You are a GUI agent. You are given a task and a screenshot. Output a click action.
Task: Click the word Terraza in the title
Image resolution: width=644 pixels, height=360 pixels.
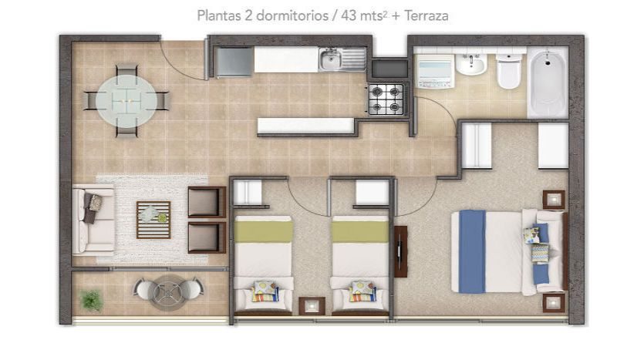pos(427,15)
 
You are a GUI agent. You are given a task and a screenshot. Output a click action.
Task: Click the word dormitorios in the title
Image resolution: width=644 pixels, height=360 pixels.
pos(292,15)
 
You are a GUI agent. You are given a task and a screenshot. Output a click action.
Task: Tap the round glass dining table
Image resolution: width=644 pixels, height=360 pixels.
pos(126,101)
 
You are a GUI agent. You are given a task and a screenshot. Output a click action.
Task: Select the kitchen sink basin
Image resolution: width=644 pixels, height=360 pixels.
pos(331,60)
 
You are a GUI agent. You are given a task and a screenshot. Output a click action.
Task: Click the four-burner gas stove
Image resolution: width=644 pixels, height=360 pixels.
pos(386,99)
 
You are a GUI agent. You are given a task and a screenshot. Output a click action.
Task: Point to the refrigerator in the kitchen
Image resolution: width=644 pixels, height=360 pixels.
pos(234,62)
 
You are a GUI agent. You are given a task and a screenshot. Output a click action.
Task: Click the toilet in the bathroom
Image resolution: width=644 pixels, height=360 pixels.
pos(509,71)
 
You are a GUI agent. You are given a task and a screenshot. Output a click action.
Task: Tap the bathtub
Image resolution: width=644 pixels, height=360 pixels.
pos(548,82)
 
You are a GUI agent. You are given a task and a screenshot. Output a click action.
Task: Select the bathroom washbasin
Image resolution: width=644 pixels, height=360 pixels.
pos(471,65)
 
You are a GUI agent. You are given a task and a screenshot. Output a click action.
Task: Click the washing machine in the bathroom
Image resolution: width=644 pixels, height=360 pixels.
pos(435,71)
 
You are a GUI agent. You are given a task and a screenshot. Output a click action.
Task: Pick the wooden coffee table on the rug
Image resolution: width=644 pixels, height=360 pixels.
pos(153,220)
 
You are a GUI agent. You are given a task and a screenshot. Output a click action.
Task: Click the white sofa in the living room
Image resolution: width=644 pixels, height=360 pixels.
pos(93,220)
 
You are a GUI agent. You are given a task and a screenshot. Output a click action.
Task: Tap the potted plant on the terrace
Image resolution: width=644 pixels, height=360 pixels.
pos(91,300)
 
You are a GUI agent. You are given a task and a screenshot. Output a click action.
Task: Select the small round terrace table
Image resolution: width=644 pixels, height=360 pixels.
pos(167,292)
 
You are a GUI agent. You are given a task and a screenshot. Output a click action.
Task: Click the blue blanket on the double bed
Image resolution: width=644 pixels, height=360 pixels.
pos(472,251)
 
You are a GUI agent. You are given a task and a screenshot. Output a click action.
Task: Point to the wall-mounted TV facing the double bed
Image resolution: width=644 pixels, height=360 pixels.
pos(401,251)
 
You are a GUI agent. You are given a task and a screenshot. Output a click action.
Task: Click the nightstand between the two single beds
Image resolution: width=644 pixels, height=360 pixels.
pos(312,306)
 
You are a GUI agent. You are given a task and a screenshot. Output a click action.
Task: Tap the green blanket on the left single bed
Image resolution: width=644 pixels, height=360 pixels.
pos(263,231)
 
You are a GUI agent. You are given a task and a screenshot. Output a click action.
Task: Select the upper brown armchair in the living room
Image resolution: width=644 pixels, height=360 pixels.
pos(207,201)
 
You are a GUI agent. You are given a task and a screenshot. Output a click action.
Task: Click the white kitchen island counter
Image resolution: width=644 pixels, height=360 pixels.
pos(306,126)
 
